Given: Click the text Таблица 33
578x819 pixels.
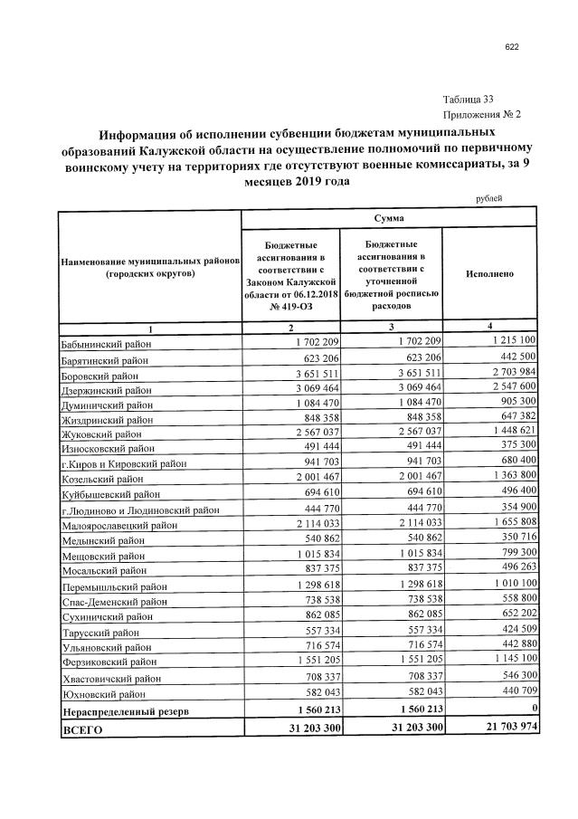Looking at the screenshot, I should click(x=469, y=100).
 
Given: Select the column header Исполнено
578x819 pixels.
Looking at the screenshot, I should click(x=489, y=272).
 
